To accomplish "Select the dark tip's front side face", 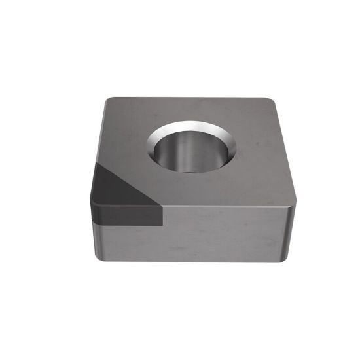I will (x=128, y=216).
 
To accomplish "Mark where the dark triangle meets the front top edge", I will (x=161, y=206).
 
